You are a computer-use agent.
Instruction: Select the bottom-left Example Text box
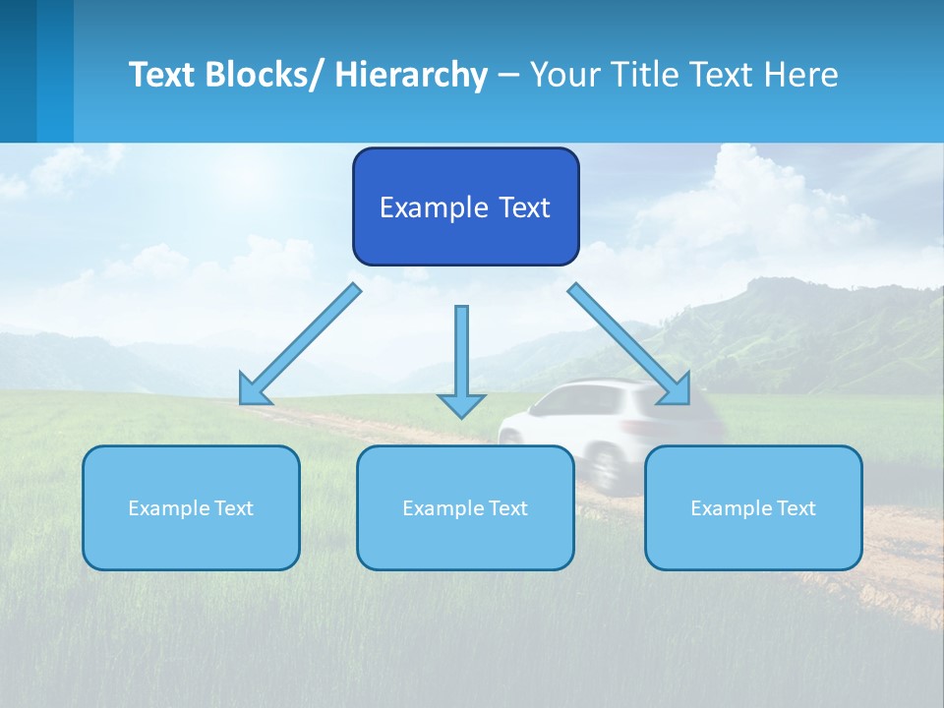click(x=191, y=507)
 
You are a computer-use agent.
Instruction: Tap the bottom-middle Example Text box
click(x=465, y=507)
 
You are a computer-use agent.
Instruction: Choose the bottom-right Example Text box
click(x=753, y=507)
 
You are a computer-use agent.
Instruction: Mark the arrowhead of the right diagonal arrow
click(x=677, y=390)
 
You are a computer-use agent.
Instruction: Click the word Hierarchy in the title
click(x=411, y=75)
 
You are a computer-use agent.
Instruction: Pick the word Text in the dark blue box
click(x=523, y=207)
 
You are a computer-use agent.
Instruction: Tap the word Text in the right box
click(x=795, y=508)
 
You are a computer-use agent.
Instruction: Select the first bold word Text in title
click(x=163, y=75)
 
